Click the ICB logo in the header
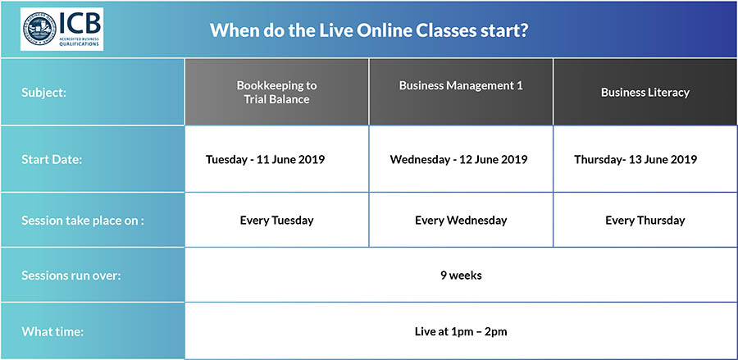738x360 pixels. pyautogui.click(x=61, y=30)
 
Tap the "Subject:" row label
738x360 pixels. pyautogui.click(x=43, y=93)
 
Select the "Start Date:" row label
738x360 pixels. pyautogui.click(x=52, y=160)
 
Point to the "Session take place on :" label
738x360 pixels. pyautogui.click(x=82, y=221)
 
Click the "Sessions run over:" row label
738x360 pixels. pyautogui.click(x=71, y=276)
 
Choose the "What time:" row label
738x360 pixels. pyautogui.click(x=52, y=331)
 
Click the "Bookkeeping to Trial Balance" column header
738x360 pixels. pyautogui.click(x=277, y=92)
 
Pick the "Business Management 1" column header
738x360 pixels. pyautogui.click(x=461, y=85)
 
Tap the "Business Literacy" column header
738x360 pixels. pyautogui.click(x=645, y=92)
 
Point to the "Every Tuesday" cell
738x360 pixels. pyautogui.click(x=277, y=221)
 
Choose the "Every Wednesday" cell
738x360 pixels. pyautogui.click(x=461, y=221)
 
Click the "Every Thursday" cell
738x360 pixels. pyautogui.click(x=645, y=221)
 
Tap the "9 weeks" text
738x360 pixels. pyautogui.click(x=461, y=276)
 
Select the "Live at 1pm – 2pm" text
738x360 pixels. pyautogui.click(x=461, y=331)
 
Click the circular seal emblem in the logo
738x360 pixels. pyautogui.click(x=39, y=30)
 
